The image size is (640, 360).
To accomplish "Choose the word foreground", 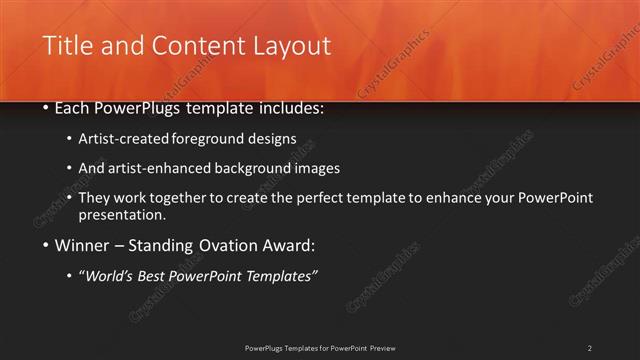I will tap(220, 139).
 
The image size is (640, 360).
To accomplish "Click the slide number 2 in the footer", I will tap(590, 347).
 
